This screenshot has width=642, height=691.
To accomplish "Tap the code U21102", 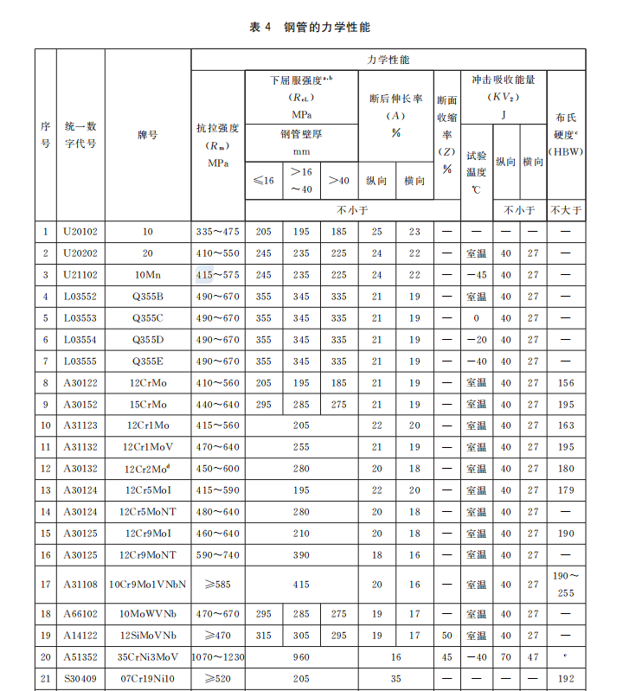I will pos(80,275).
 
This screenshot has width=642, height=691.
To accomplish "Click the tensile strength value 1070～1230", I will pos(217,657).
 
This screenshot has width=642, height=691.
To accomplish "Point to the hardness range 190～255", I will pos(566,585).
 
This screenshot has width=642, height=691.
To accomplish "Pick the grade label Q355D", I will pos(147,340).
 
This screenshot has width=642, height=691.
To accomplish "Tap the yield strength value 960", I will pos(301,657).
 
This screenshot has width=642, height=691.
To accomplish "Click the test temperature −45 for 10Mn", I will pos(477,275).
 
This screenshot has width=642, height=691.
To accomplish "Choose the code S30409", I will pos(80,679).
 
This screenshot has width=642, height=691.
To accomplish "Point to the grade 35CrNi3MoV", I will pos(147,657).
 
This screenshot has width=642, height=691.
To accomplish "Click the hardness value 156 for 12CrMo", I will pos(566,383).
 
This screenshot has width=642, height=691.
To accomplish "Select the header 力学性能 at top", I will pos(388,61).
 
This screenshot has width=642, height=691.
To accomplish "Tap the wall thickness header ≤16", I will pos(263,180).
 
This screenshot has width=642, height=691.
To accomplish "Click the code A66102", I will pos(80,614).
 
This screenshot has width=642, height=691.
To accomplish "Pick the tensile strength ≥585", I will pos(217,585).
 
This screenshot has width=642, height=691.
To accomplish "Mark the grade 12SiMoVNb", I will pos(147,636).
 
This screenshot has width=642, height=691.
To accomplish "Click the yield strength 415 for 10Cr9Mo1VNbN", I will pos(301,585).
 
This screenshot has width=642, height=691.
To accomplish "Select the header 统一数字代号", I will pos(80,135).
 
